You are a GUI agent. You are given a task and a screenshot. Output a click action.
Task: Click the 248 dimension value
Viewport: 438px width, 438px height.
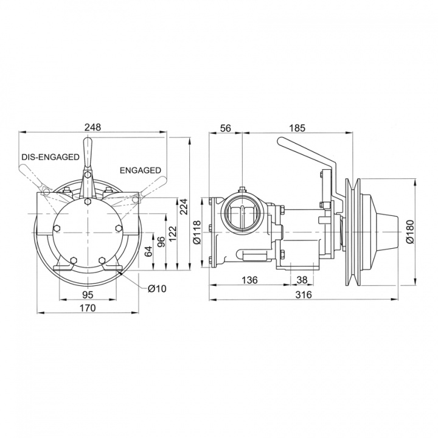(x=92, y=127)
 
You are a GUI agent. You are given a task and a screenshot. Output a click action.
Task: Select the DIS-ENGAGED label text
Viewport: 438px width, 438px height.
(x=50, y=157)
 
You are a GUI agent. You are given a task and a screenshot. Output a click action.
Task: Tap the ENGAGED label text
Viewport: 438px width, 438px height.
(x=140, y=170)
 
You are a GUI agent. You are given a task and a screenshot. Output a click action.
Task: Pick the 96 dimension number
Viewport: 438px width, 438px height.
(x=161, y=242)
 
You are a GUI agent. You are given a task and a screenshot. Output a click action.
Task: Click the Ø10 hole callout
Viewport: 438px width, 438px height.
(x=156, y=288)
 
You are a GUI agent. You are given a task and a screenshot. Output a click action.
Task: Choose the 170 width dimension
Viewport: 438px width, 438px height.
(x=88, y=308)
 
